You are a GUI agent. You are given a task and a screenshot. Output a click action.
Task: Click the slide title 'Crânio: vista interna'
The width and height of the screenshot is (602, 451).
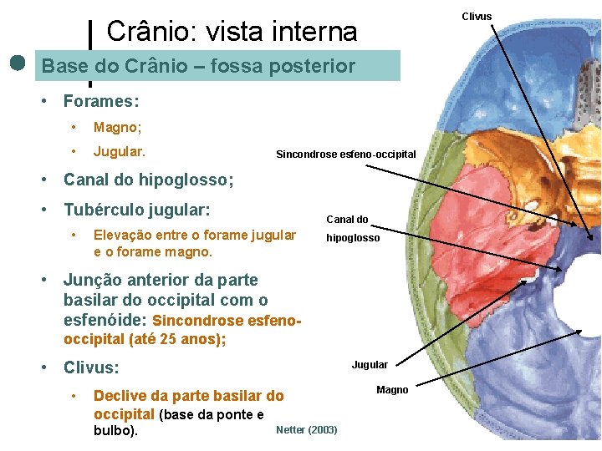pyautogui.click(x=232, y=32)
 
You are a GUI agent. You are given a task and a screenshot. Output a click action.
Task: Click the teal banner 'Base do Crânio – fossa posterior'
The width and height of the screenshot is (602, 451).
pyautogui.click(x=198, y=66)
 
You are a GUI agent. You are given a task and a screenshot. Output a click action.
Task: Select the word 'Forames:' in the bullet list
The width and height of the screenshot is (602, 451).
pyautogui.click(x=101, y=102)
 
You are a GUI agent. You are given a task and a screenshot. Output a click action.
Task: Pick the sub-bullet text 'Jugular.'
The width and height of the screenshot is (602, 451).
pyautogui.click(x=120, y=152)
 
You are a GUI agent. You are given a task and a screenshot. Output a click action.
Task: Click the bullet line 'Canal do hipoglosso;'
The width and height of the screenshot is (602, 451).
pyautogui.click(x=148, y=180)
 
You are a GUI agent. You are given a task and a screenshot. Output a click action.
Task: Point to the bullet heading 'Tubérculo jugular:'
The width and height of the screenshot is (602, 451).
pyautogui.click(x=136, y=209)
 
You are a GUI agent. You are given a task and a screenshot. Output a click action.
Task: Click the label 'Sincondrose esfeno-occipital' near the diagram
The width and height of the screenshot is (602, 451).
pyautogui.click(x=345, y=155)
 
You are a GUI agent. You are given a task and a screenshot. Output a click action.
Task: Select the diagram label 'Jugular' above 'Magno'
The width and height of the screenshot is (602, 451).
pyautogui.click(x=370, y=364)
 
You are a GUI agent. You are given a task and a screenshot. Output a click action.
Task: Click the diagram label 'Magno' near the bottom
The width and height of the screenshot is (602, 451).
pyautogui.click(x=392, y=390)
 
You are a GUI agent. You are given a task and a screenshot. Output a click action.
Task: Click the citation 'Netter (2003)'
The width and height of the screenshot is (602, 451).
pyautogui.click(x=306, y=430)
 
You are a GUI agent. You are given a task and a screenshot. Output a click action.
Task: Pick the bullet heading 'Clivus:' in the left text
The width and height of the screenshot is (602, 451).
pyautogui.click(x=91, y=367)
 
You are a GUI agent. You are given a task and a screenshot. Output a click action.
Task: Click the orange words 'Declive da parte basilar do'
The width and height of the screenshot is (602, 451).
pyautogui.click(x=188, y=396)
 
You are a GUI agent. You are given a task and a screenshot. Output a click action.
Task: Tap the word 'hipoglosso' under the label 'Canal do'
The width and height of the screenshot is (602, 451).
pyautogui.click(x=353, y=238)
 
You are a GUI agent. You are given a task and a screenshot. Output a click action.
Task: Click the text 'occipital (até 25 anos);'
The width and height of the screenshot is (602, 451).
pyautogui.click(x=145, y=338)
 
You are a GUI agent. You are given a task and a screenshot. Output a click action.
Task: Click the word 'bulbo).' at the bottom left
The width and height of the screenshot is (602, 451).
pyautogui.click(x=115, y=432)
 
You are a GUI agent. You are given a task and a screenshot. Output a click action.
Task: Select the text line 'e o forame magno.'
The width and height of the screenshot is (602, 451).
pyautogui.click(x=153, y=251)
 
